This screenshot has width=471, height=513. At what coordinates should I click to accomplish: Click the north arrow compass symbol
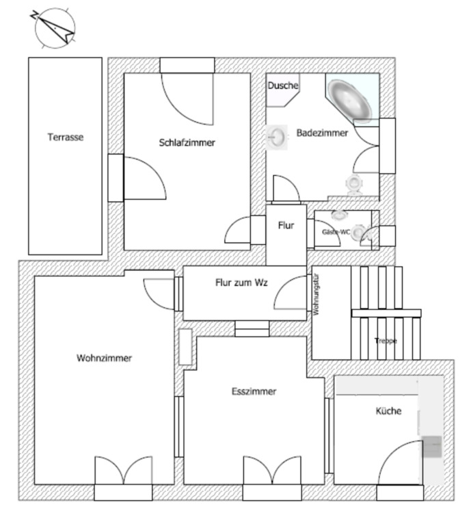pyautogui.click(x=54, y=27)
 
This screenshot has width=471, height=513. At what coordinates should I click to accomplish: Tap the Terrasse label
pyautogui.click(x=65, y=137)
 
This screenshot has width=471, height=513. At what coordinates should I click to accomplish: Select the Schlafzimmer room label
pyautogui.click(x=187, y=143)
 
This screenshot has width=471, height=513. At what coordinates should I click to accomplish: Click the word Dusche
pyautogui.click(x=282, y=86)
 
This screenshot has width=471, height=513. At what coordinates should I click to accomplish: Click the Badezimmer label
pyautogui.click(x=322, y=133)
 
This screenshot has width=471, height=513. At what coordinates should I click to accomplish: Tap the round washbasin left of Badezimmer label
pyautogui.click(x=278, y=135)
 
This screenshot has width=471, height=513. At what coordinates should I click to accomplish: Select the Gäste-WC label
pyautogui.click(x=336, y=233)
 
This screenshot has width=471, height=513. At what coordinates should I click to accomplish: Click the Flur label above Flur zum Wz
pyautogui.click(x=286, y=225)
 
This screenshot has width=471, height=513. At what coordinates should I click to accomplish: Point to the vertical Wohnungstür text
pyautogui.click(x=317, y=294)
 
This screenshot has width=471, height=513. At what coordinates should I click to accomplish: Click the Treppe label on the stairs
pyautogui.click(x=386, y=341)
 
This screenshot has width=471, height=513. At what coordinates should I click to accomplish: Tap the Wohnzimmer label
pyautogui.click(x=104, y=358)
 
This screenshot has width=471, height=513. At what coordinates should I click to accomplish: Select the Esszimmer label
pyautogui.click(x=254, y=391)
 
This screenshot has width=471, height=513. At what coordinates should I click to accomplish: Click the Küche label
pyautogui.click(x=388, y=411)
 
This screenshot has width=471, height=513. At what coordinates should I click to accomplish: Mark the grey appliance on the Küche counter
pyautogui.click(x=432, y=447)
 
